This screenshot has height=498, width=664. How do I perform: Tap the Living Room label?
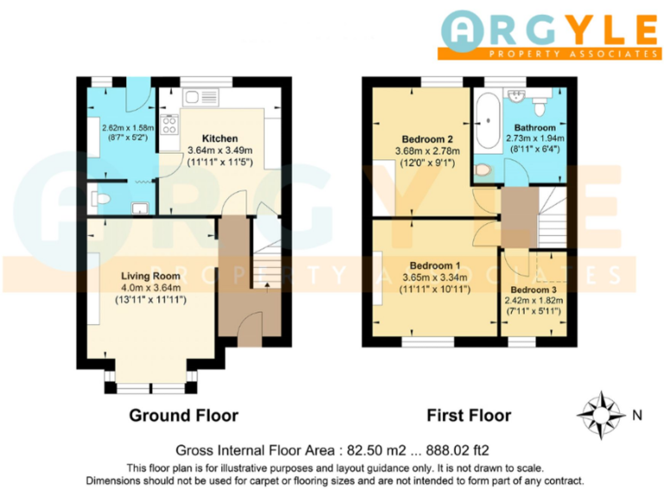coord(150,276)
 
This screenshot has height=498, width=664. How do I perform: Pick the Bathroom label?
coord(534,127)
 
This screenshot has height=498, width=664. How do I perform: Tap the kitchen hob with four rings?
coord(168,124)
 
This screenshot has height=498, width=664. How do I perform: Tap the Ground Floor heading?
coord(183,416)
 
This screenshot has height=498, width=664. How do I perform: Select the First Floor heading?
coord(469,416)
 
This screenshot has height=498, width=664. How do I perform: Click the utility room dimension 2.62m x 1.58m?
coord(121,128)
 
